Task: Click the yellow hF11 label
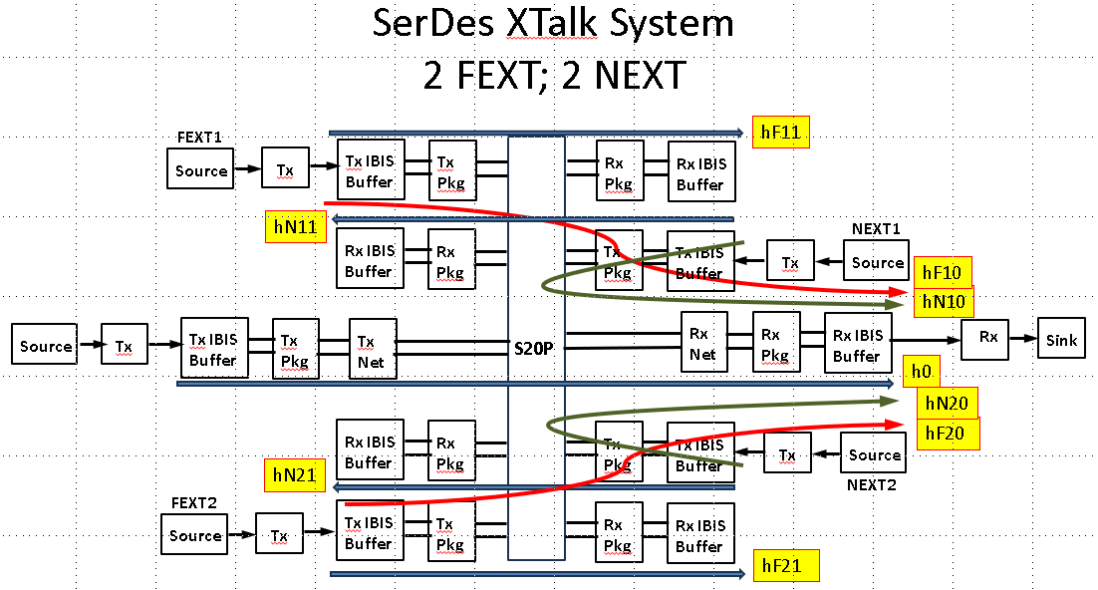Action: click(x=780, y=132)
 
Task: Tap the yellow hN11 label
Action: click(x=296, y=226)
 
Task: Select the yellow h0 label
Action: click(x=921, y=373)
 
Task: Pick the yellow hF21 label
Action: click(x=786, y=566)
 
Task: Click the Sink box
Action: click(x=1061, y=340)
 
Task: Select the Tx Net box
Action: click(x=373, y=350)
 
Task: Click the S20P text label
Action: click(x=536, y=351)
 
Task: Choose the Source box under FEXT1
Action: click(x=200, y=170)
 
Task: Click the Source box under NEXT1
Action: click(x=877, y=263)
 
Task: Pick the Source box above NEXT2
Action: click(x=874, y=454)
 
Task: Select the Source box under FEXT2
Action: click(x=194, y=535)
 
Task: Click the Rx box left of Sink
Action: click(x=987, y=338)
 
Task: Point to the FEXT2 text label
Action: click(x=193, y=502)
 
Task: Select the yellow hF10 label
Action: click(x=941, y=272)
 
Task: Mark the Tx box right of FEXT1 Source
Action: click(x=286, y=169)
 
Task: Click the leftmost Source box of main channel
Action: click(x=46, y=346)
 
